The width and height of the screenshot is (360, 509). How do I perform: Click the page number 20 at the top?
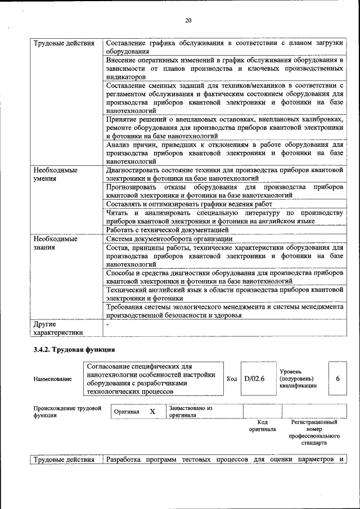tap(188, 21)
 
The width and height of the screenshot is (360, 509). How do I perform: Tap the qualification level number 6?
tap(337, 379)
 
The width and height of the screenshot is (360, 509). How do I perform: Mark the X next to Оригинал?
tap(152, 412)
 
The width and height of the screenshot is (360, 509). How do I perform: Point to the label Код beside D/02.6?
tap(232, 379)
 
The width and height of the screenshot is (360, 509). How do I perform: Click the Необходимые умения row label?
tap(55, 174)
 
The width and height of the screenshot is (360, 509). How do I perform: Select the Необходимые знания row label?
tap(55, 242)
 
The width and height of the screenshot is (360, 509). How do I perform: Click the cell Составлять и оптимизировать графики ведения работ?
tap(189, 204)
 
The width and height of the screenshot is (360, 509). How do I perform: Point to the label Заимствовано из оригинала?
tap(190, 412)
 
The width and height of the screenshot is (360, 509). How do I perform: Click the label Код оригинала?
tap(262, 425)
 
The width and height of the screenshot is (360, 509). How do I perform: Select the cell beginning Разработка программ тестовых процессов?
tap(224, 460)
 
